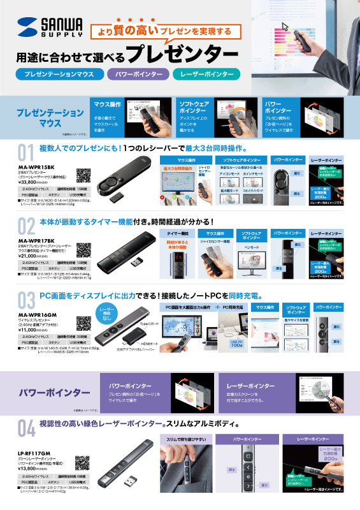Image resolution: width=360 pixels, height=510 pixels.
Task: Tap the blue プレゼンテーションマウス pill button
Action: pos(59,75)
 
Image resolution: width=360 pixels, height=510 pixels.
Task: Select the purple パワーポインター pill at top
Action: pos(138,75)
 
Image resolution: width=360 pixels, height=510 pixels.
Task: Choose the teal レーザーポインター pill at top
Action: pos(206,75)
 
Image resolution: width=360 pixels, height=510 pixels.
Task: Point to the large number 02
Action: pos(26,226)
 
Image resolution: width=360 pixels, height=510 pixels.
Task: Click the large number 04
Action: pos(26,429)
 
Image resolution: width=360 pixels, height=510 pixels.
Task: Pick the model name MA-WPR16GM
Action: pos(36,297)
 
